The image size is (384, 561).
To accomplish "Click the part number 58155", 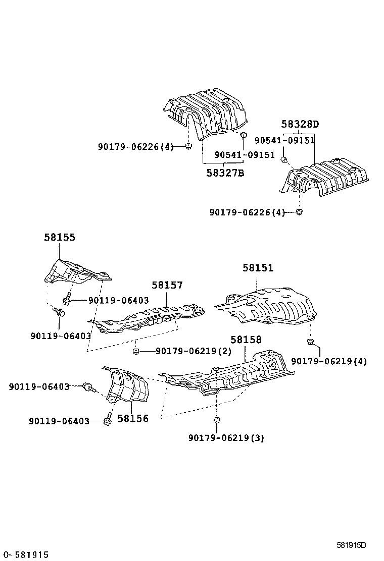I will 60,237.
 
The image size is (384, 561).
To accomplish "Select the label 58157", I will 167,285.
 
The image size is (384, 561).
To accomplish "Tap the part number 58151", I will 258,268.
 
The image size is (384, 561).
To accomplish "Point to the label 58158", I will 246,340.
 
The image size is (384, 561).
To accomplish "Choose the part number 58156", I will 133,418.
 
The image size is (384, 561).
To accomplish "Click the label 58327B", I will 225,173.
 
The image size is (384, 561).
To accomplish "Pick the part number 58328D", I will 301,124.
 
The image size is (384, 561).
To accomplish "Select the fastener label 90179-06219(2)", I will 186,351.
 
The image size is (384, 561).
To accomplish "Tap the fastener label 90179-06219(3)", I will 226,438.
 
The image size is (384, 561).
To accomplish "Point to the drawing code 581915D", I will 351,545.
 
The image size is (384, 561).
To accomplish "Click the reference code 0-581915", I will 25,555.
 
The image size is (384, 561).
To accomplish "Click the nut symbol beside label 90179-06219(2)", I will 136,351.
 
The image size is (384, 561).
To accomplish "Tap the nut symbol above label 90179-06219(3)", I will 216,420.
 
